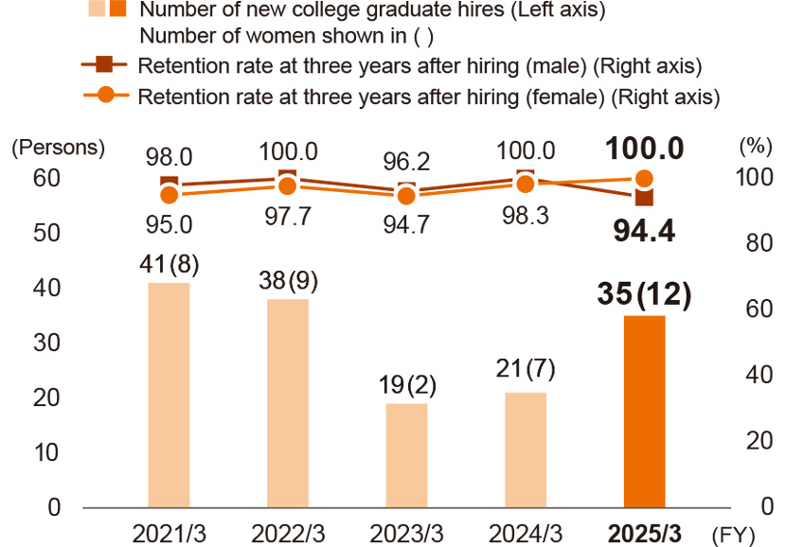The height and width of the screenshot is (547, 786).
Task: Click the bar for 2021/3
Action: (x=169, y=395)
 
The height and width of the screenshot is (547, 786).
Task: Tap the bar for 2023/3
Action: (x=406, y=455)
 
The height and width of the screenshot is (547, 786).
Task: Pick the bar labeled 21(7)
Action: (x=526, y=450)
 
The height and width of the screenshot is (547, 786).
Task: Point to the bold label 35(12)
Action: (x=645, y=294)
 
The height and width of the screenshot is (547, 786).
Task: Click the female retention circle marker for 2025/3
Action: (x=645, y=178)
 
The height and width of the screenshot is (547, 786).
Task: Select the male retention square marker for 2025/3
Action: (x=645, y=197)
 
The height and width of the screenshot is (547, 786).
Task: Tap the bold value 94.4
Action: (x=643, y=230)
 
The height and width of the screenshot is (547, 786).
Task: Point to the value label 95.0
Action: (x=169, y=223)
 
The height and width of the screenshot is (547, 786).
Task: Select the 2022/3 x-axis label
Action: (x=288, y=533)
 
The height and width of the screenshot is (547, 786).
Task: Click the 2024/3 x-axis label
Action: (x=526, y=533)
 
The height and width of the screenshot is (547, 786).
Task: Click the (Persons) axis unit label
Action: (x=58, y=148)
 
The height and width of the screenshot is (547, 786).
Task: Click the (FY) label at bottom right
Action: (x=735, y=534)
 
